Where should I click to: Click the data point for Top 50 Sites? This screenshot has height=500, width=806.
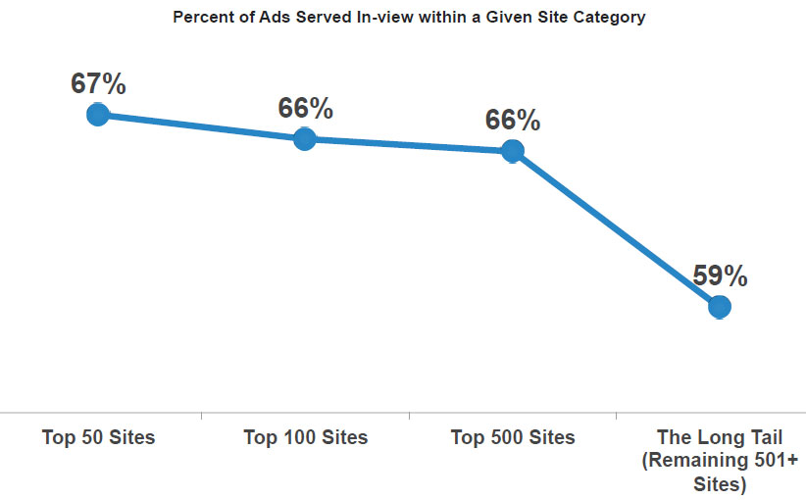click(x=97, y=115)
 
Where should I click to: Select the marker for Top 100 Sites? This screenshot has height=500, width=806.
click(x=304, y=139)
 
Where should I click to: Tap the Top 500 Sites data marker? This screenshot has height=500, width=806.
click(x=512, y=151)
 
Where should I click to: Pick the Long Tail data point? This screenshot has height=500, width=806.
click(x=720, y=307)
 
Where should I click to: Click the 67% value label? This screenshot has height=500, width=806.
click(x=98, y=84)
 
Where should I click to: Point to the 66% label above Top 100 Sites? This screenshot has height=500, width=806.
click(x=305, y=109)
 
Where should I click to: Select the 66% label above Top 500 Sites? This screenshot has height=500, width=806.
click(x=513, y=121)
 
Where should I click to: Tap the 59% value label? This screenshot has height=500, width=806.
click(x=721, y=276)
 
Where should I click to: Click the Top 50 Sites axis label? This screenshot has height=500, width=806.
click(x=98, y=437)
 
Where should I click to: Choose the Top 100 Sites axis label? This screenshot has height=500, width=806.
click(x=305, y=437)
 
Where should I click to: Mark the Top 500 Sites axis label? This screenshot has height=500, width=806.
click(x=513, y=437)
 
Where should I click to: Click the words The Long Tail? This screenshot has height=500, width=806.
click(x=720, y=437)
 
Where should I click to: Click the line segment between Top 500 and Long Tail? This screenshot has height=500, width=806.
click(x=616, y=229)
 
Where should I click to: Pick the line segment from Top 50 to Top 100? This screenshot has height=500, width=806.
click(x=201, y=127)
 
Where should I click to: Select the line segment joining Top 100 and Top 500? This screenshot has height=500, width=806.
click(x=408, y=145)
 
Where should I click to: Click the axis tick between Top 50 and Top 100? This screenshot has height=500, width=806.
click(x=201, y=417)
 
